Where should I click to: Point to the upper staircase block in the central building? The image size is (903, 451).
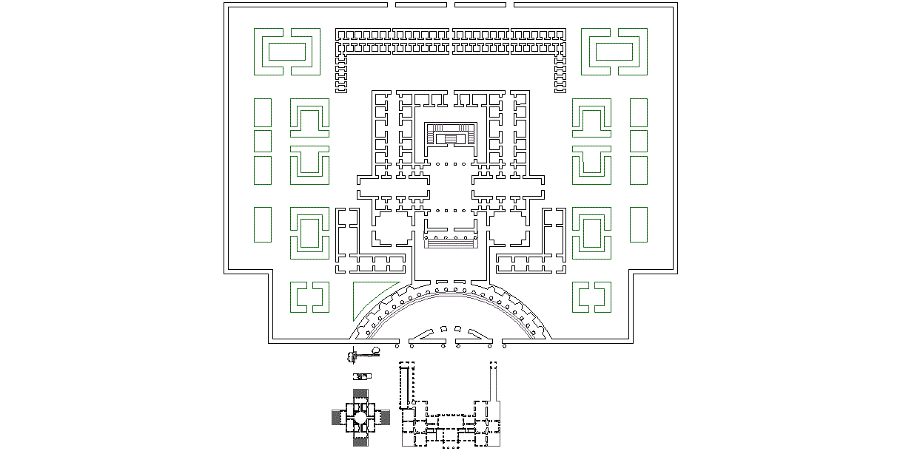click(451, 138)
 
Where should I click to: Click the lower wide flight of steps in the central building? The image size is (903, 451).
click(451, 242)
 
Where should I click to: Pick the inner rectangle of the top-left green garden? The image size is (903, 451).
click(287, 52)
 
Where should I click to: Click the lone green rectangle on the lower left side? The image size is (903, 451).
click(263, 225)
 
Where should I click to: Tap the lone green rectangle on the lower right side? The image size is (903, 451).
click(639, 225)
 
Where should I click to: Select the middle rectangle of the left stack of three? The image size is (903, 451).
click(263, 140)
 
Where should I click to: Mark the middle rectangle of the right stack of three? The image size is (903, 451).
click(639, 140)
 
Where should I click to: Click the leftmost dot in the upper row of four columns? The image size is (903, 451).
click(437, 163)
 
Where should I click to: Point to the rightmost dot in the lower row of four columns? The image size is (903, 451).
click(464, 210)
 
